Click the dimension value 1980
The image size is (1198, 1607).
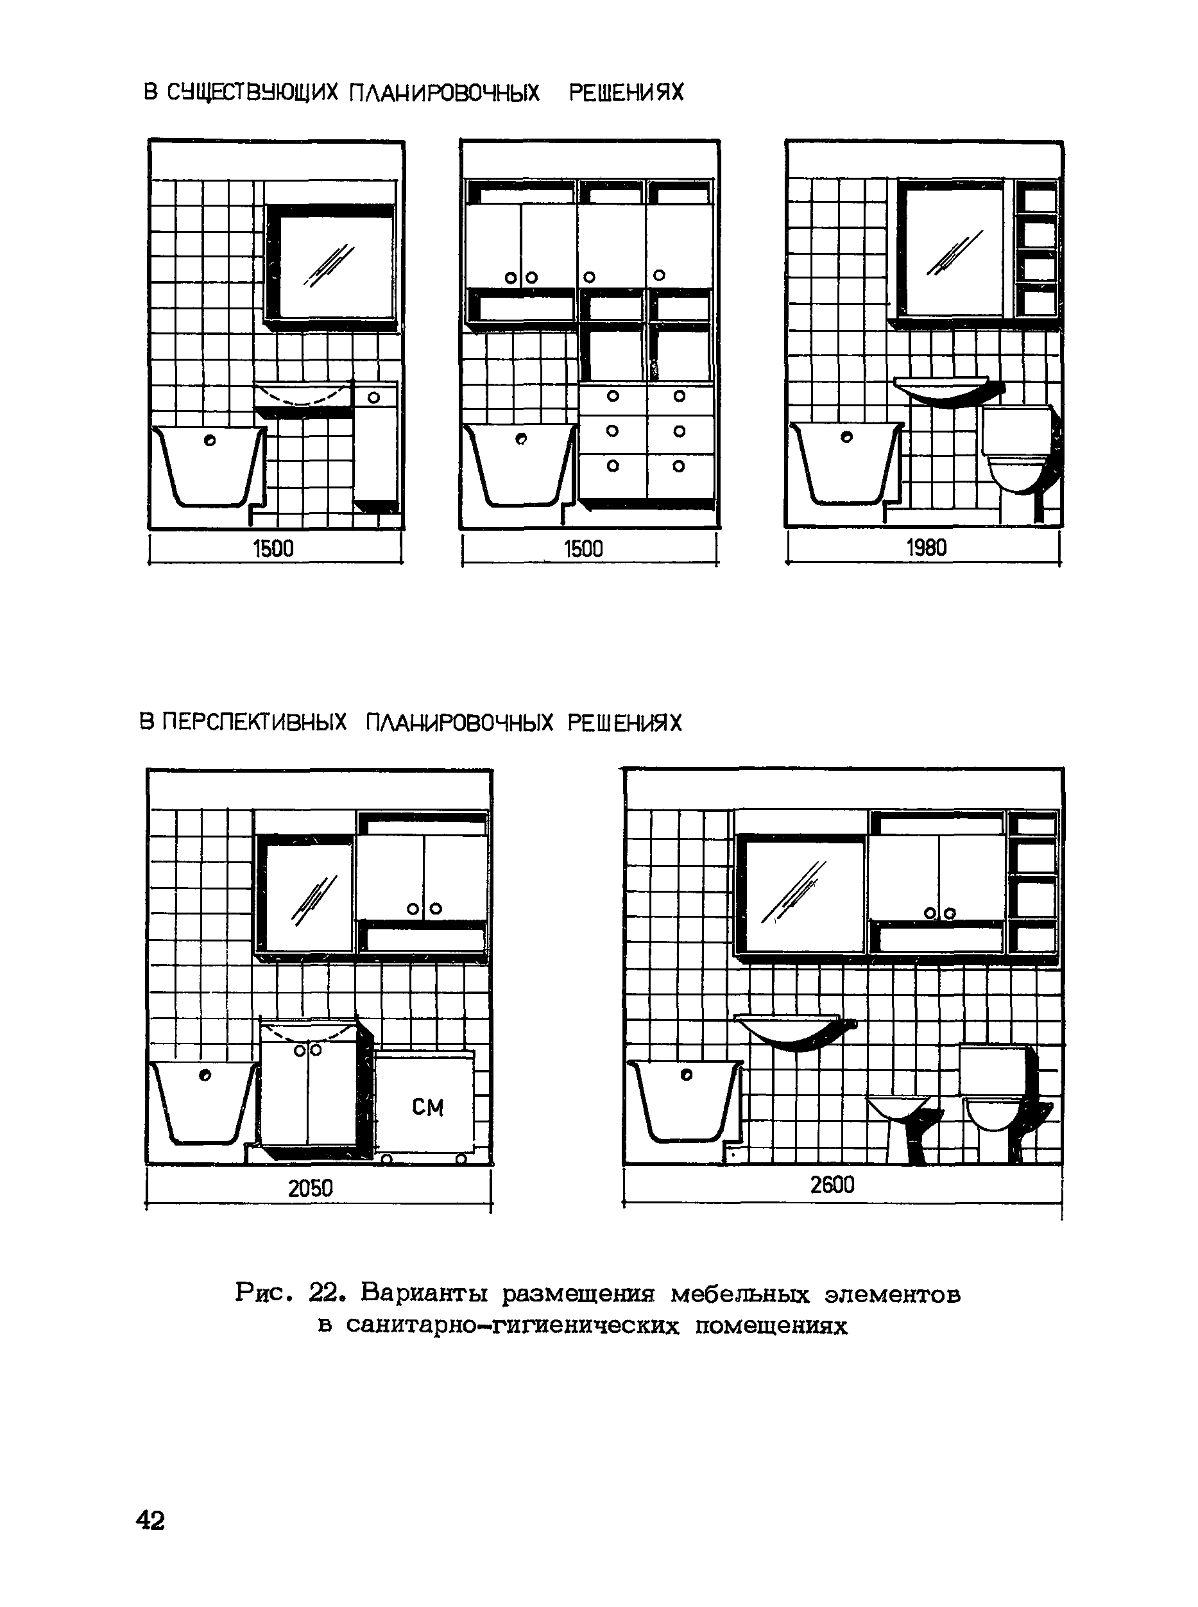point(926,547)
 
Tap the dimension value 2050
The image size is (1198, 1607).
point(311,1189)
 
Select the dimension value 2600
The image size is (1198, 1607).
point(832,1185)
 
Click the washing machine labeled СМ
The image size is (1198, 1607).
point(425,1104)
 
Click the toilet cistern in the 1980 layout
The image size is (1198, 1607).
point(1015,430)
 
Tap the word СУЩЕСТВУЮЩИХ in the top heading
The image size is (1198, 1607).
point(252,93)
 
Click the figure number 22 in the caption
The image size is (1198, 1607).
point(323,1293)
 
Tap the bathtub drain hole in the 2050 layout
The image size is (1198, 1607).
point(205,1076)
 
